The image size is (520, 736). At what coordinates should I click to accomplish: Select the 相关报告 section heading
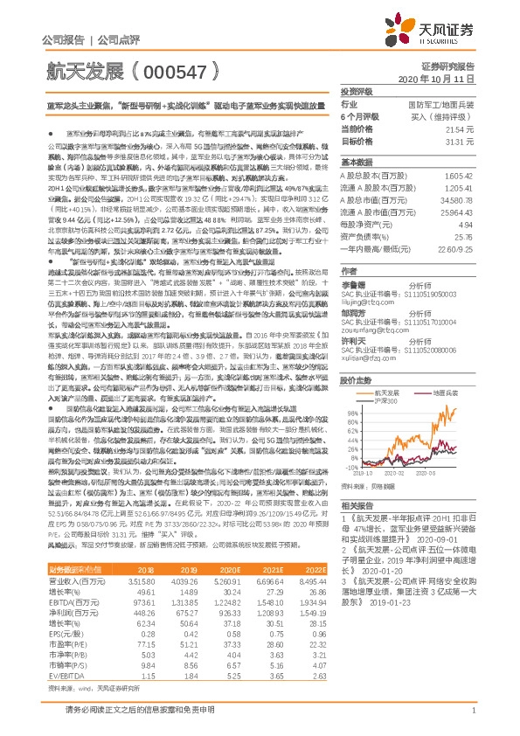click(358, 530)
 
